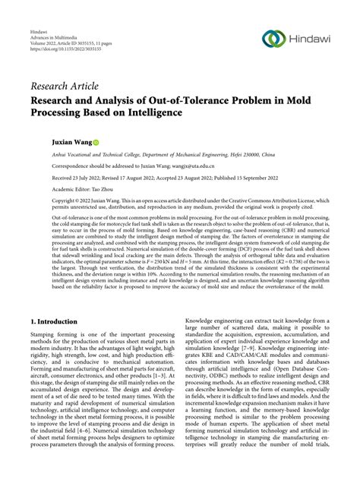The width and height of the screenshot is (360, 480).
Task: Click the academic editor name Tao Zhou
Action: coord(110,189)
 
